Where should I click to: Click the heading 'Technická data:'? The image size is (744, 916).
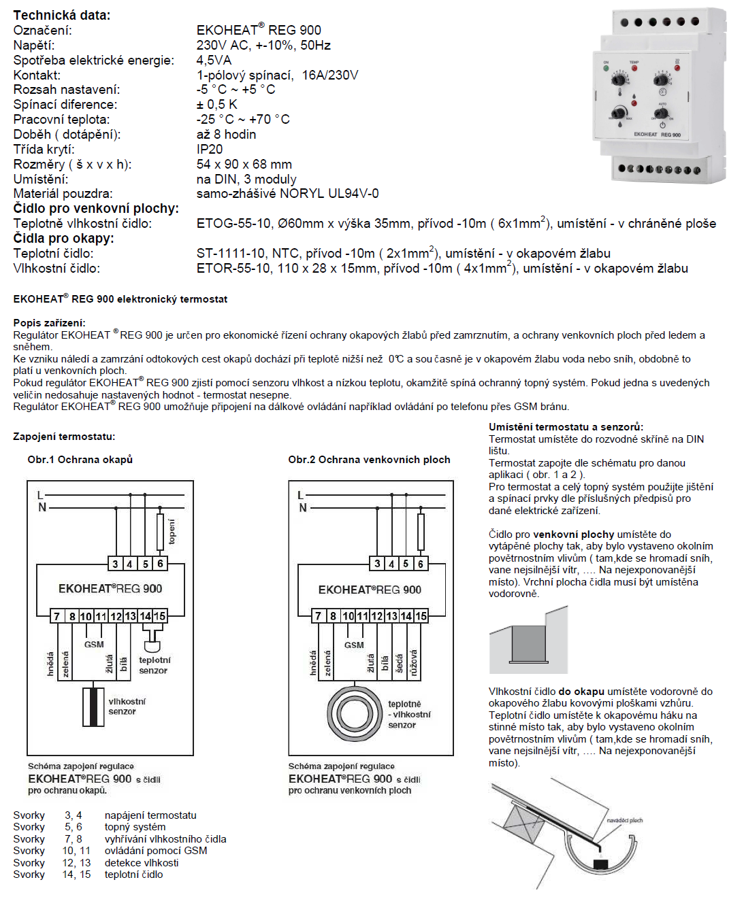61,15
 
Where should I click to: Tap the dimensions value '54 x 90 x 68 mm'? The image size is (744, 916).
244,164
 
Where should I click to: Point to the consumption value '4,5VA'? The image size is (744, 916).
214,60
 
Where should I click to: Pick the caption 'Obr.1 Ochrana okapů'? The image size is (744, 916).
80,460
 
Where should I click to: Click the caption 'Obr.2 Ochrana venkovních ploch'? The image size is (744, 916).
369,460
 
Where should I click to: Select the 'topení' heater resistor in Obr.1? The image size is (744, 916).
161,532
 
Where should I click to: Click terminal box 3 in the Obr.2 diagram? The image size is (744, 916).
377,563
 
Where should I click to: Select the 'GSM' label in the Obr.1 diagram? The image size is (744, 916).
94,645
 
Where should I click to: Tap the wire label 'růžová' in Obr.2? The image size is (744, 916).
414,662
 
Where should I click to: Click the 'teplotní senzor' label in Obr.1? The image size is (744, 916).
155,665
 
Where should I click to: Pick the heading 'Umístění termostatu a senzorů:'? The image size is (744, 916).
566,427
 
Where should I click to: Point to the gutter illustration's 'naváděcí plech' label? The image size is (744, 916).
624,821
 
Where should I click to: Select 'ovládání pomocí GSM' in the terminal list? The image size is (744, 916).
156,851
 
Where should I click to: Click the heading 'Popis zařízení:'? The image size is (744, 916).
49,323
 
